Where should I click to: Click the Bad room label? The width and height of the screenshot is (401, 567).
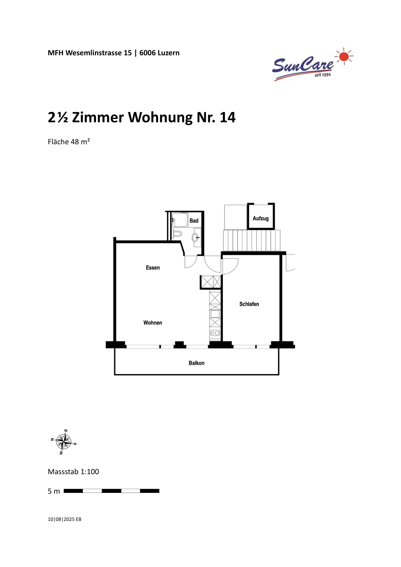tap(194, 220)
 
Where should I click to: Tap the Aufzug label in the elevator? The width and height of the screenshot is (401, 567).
tap(261, 218)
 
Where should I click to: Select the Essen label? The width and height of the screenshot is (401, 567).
tap(153, 268)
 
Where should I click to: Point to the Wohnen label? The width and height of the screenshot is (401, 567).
tap(153, 322)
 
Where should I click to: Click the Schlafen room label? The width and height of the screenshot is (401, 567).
tap(249, 304)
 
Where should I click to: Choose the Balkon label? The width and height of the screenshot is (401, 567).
tap(197, 363)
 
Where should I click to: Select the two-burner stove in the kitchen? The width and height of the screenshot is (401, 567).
tap(215, 333)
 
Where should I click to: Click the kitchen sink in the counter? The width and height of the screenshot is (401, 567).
tap(215, 314)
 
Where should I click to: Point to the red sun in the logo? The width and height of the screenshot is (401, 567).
tap(344, 57)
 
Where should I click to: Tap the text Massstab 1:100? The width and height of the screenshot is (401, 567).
tap(73, 472)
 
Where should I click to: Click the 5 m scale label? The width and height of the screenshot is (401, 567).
tap(54, 491)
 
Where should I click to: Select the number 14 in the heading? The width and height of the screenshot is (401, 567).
tap(228, 117)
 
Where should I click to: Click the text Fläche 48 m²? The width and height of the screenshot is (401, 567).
tap(69, 141)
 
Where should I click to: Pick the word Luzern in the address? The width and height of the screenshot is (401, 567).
tap(169, 53)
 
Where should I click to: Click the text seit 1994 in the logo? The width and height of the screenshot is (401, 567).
tap(323, 75)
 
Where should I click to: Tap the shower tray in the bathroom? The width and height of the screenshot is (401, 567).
tap(180, 220)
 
